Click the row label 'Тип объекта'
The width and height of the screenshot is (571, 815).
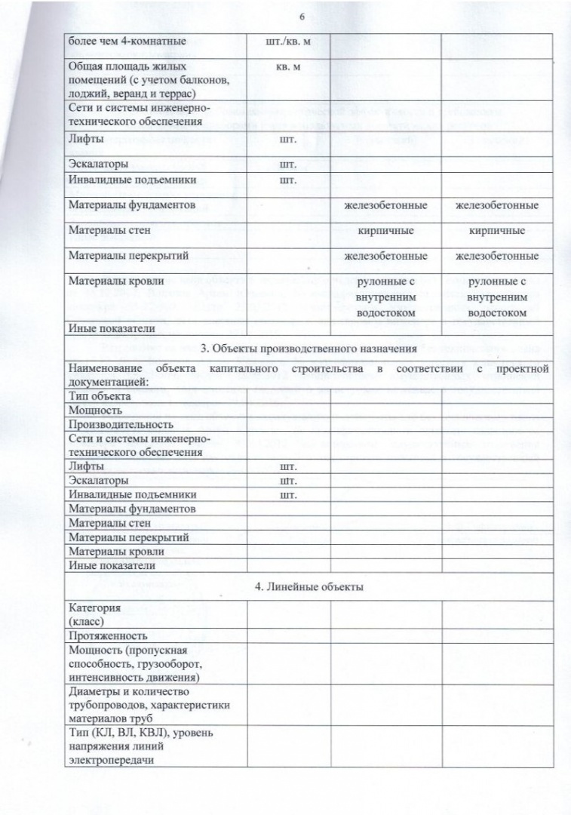point(99,396)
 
